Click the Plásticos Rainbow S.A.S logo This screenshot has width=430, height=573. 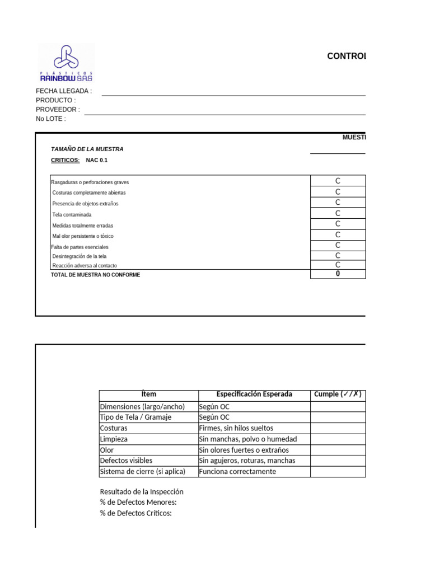click(66, 63)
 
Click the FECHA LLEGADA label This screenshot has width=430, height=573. click(64, 91)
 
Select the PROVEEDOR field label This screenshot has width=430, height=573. click(58, 110)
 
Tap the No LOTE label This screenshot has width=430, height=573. click(51, 119)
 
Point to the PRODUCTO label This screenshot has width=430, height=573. click(55, 100)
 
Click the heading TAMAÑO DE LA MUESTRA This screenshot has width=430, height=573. click(87, 149)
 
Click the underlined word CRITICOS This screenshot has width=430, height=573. click(65, 160)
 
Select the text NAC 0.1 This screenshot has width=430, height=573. click(96, 160)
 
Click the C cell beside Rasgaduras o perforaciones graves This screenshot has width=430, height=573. click(338, 181)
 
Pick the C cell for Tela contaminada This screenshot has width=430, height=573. click(338, 213)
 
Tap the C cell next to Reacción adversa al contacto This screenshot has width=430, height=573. click(338, 265)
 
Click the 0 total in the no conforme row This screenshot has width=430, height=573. click(338, 274)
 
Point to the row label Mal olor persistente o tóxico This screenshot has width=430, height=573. click(82, 236)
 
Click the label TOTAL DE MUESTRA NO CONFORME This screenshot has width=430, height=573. click(95, 275)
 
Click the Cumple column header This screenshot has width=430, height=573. click(338, 394)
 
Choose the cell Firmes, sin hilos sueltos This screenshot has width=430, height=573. click(236, 428)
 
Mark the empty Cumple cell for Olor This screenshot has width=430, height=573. click(338, 450)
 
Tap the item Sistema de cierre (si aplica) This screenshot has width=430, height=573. click(142, 472)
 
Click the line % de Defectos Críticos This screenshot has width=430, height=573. click(135, 513)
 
